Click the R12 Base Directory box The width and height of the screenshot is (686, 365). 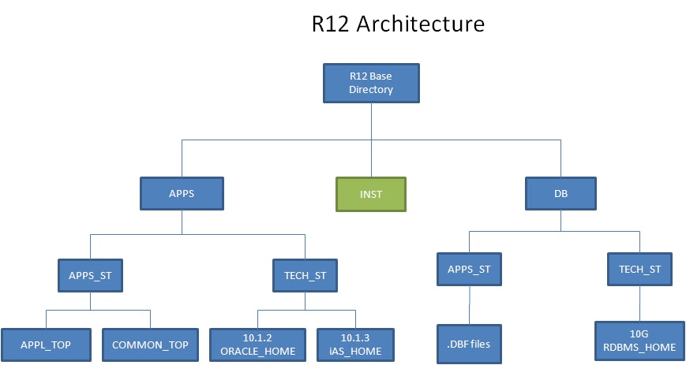click(371, 83)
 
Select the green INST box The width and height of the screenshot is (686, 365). click(371, 194)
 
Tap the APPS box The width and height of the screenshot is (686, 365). click(182, 193)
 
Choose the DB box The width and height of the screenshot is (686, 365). click(560, 193)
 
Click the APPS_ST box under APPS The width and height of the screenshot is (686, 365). click(90, 275)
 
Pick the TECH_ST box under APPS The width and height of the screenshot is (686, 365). click(305, 275)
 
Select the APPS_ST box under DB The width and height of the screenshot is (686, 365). click(470, 269)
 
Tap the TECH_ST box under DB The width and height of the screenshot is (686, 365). click(639, 269)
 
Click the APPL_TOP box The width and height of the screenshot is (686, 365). click(45, 345)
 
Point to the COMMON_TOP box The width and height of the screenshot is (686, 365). click(150, 345)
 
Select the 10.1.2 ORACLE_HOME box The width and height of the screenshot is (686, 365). click(258, 345)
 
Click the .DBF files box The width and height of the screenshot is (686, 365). click(470, 345)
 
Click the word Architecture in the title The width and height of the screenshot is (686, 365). click(420, 24)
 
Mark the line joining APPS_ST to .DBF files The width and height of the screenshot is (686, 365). click(470, 304)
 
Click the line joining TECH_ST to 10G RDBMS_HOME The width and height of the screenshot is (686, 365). click(639, 303)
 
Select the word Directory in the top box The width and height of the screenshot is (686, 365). click(371, 89)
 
